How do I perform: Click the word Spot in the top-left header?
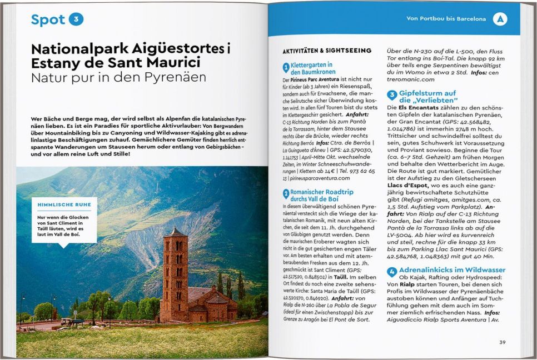(48, 19)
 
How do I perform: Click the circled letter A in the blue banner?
(500, 19)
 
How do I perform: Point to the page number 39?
(502, 342)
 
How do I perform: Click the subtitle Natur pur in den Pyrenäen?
(118, 77)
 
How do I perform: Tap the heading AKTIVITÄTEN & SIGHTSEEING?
(327, 51)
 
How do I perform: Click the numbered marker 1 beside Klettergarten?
(286, 68)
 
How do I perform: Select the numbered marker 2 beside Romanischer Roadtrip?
(286, 194)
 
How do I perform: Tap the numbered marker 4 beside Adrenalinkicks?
(392, 272)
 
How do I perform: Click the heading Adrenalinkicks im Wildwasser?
(452, 270)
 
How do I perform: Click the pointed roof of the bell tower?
(175, 229)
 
